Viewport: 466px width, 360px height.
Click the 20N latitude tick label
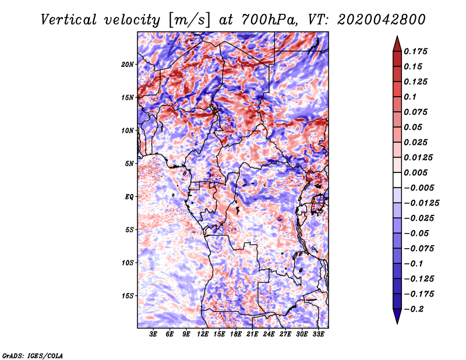[x=128, y=64]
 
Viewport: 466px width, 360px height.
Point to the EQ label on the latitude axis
[x=129, y=197]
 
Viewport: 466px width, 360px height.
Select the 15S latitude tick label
[x=128, y=296]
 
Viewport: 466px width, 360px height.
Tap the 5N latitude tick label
[x=129, y=164]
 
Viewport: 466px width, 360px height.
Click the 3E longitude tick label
[x=154, y=334]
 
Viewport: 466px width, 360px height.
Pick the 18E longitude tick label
[x=236, y=334]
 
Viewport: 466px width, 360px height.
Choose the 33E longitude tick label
[x=319, y=334]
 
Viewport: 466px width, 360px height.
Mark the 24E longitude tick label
[x=269, y=334]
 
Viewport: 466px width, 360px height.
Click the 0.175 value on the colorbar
[x=417, y=51]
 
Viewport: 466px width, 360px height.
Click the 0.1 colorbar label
[x=411, y=97]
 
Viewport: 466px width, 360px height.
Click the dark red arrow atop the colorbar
[x=397, y=43]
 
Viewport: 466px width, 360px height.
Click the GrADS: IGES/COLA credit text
[x=32, y=355]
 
